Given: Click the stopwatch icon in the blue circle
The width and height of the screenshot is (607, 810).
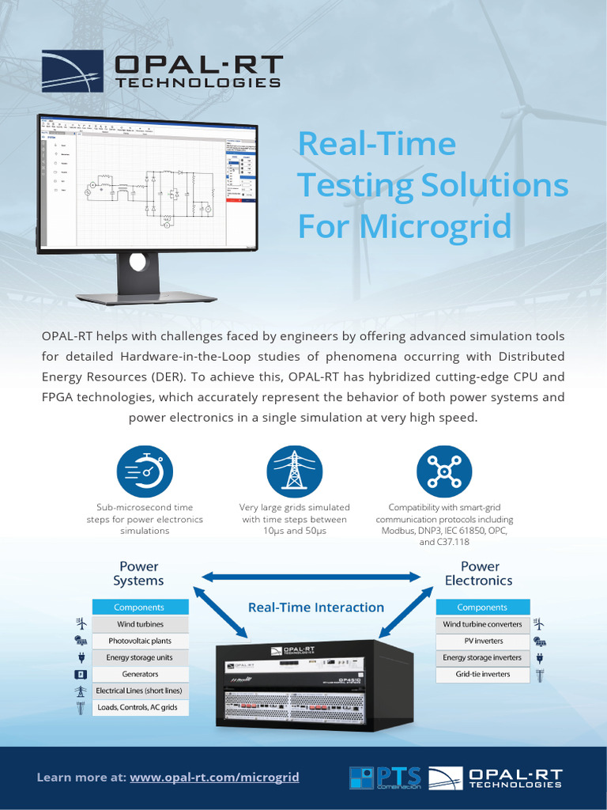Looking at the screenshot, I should (x=144, y=472).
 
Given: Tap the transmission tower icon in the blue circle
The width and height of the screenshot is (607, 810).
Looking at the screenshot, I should (x=294, y=472).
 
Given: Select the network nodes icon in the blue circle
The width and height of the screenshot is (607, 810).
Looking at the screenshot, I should (x=444, y=472).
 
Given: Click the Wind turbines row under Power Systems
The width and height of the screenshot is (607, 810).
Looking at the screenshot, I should (x=141, y=624).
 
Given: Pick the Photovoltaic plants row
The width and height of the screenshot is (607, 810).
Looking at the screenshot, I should (x=141, y=641).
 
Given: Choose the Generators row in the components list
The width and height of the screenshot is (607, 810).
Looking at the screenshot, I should (x=141, y=674).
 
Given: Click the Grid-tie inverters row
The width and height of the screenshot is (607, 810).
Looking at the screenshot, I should (x=481, y=674).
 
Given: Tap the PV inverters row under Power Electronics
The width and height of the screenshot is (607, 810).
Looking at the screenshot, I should (x=481, y=641).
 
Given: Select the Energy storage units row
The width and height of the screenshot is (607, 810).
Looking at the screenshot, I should (x=141, y=657).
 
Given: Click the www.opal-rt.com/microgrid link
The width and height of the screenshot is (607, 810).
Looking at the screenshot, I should (x=214, y=778).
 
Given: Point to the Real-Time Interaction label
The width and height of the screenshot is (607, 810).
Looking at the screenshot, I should (x=316, y=607).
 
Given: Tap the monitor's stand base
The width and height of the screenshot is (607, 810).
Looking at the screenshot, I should (x=146, y=298).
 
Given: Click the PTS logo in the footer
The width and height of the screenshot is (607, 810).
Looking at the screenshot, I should (x=386, y=778).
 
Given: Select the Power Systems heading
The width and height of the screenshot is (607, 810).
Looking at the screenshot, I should (x=138, y=573).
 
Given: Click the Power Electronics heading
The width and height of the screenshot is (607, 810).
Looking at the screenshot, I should (x=479, y=573).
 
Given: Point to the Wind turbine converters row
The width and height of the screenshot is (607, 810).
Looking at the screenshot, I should (x=481, y=624).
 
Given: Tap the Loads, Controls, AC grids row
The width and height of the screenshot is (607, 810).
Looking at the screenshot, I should (x=141, y=708).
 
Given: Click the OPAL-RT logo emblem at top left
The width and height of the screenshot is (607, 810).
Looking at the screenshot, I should (x=72, y=71).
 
